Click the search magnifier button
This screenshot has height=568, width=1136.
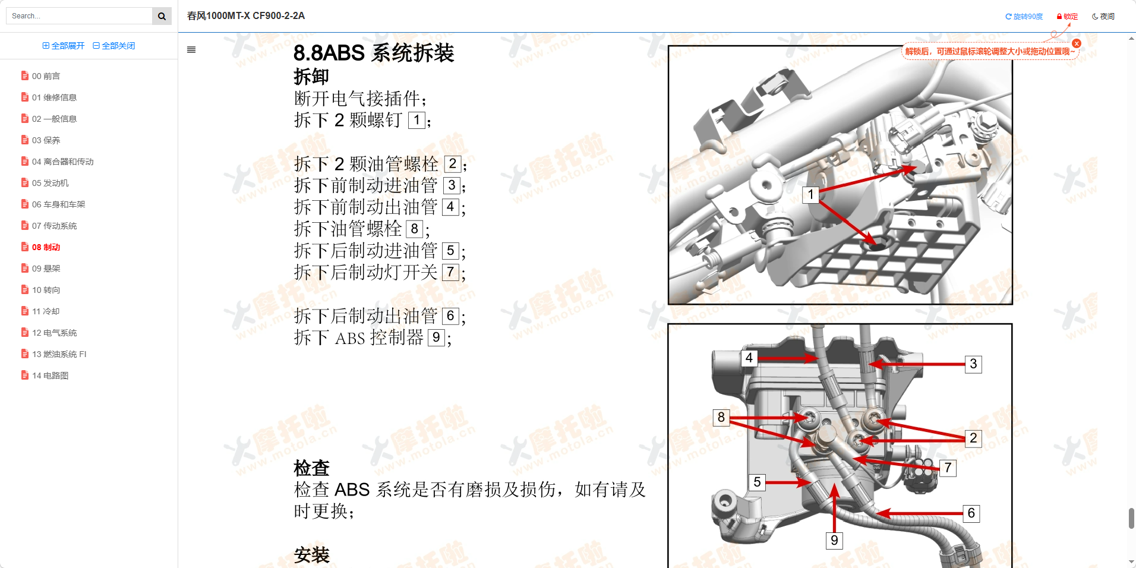tap(162, 16)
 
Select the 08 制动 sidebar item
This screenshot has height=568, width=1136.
tap(46, 247)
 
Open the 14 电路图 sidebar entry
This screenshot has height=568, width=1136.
tap(50, 375)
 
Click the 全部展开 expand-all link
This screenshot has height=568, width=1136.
tap(64, 46)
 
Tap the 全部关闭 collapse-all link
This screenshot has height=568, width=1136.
tap(114, 46)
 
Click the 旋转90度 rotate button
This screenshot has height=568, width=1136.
tap(1024, 17)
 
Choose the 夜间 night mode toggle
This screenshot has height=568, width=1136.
tap(1103, 17)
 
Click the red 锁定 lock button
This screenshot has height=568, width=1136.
tap(1067, 17)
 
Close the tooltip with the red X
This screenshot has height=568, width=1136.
tap(1077, 43)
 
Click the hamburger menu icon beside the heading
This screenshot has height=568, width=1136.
tap(191, 50)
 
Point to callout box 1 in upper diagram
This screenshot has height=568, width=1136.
tap(810, 194)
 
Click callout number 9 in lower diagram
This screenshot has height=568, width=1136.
tap(834, 540)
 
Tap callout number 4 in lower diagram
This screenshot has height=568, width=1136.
tap(749, 358)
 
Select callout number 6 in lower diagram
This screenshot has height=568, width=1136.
tap(971, 513)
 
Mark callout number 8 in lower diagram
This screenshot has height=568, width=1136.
tap(721, 417)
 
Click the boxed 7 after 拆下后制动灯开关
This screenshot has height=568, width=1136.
tap(450, 273)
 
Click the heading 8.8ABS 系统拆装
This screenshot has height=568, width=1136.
tap(374, 53)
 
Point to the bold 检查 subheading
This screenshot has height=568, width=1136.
tap(311, 468)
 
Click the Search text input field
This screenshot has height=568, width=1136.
tap(79, 16)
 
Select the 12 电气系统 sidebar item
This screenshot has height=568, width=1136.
tap(54, 333)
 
